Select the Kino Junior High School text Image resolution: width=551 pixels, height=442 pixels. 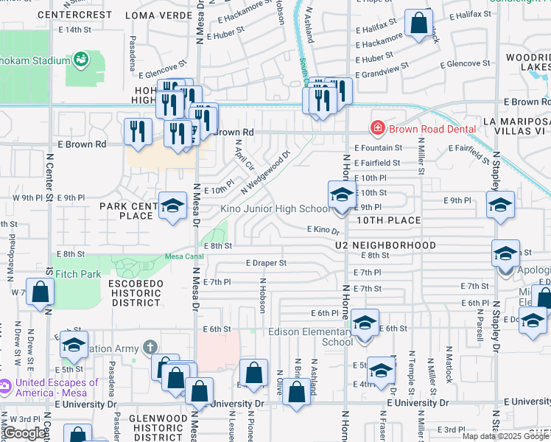pyautogui.click(x=275, y=208)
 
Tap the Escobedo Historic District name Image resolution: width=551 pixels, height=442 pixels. pyautogui.click(x=135, y=292)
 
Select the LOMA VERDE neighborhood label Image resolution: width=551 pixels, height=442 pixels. pyautogui.click(x=158, y=14)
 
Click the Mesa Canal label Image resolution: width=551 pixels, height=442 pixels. pyautogui.click(x=183, y=256)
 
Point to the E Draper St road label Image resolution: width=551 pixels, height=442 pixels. pyautogui.click(x=266, y=262)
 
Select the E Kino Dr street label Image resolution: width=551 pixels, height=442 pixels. pyautogui.click(x=322, y=230)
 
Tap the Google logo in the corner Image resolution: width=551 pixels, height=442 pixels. pyautogui.click(x=24, y=433)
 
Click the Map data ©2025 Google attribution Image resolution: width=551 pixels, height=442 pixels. pyautogui.click(x=505, y=436)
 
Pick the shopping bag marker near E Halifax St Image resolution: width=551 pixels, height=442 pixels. pyautogui.click(x=418, y=24)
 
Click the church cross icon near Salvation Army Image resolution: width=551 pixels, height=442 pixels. pyautogui.click(x=150, y=346)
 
